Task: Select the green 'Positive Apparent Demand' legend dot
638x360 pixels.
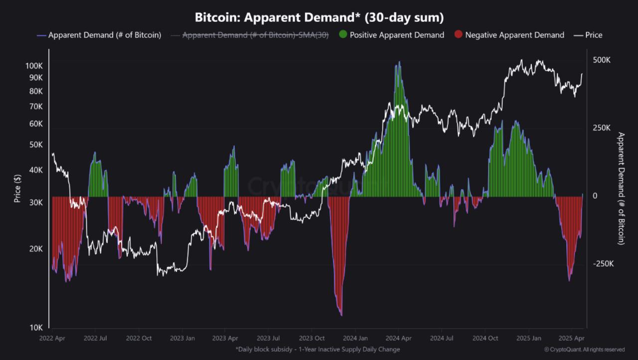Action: click(x=343, y=35)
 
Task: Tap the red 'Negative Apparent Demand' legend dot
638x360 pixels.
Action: click(x=459, y=35)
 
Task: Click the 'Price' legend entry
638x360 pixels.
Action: click(x=588, y=35)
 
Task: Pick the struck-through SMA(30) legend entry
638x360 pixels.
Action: click(x=249, y=35)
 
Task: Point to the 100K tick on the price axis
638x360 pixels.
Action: click(x=34, y=66)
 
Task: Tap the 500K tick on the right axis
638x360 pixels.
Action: click(x=602, y=60)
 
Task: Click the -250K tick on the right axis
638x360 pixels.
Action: click(x=603, y=264)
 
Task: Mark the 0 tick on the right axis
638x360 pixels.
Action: click(x=595, y=196)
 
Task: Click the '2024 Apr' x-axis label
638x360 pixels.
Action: click(x=398, y=339)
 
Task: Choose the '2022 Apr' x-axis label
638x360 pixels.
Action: click(x=53, y=339)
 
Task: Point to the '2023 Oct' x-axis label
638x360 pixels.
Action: click(x=312, y=339)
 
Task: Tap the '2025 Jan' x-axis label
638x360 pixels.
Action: click(x=529, y=339)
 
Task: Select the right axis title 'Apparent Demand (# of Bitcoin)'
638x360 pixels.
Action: click(x=621, y=188)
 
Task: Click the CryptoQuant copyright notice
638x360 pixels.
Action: click(x=584, y=350)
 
